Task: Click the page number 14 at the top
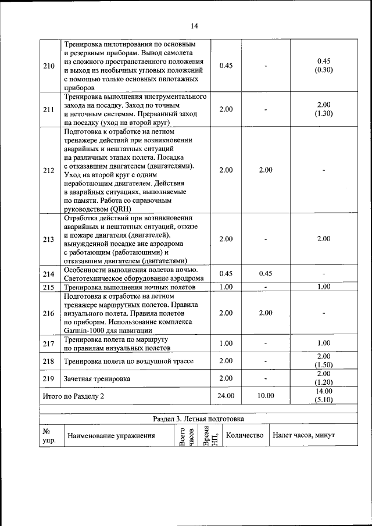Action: coord(194,26)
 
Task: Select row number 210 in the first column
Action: coord(49,66)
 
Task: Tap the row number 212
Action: coord(49,170)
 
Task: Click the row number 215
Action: coord(49,287)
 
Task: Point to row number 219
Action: coord(49,378)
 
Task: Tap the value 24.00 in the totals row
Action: coord(226,395)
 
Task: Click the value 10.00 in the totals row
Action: coord(265,395)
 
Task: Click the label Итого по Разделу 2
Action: coord(76,396)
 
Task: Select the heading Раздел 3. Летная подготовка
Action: coord(194,418)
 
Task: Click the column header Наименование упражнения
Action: coord(111,435)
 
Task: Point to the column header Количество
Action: coord(244,435)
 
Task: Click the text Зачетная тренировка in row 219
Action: coord(96,378)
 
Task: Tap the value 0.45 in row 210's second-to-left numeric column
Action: coord(226,66)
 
